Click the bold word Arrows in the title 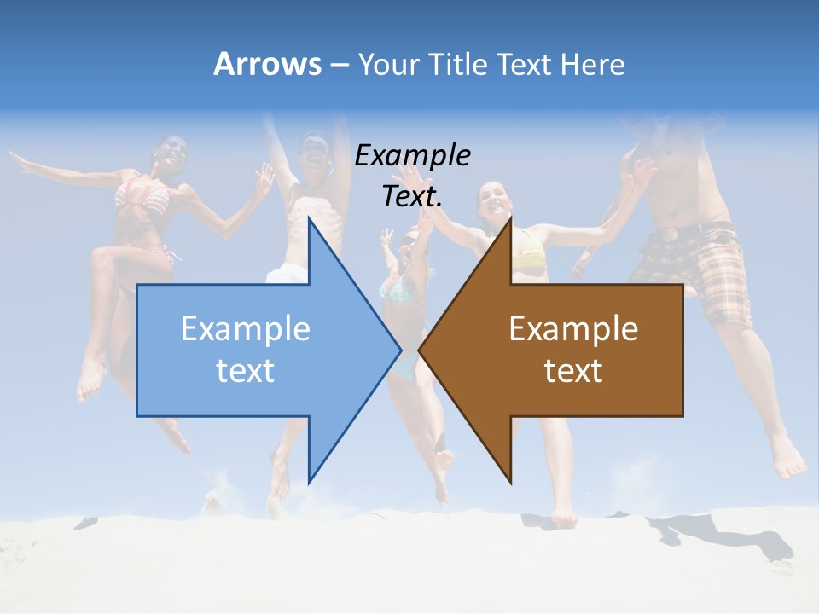[x=267, y=64]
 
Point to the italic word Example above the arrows [x=412, y=155]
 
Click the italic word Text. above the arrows [x=412, y=196]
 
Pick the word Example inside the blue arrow [x=246, y=328]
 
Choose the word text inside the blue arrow [x=246, y=370]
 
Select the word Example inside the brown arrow [x=573, y=328]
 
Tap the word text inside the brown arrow [x=573, y=370]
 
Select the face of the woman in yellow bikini [x=494, y=201]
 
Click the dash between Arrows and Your [x=339, y=64]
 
